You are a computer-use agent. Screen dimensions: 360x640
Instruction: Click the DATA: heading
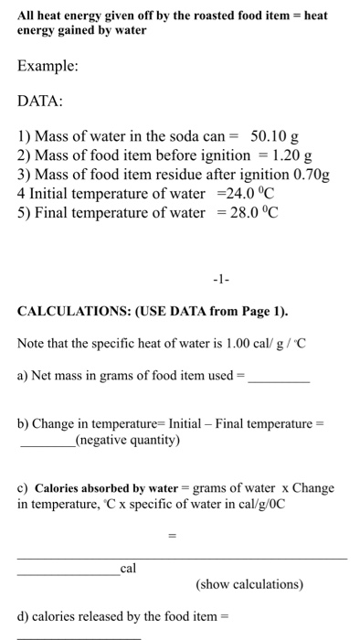pyautogui.click(x=43, y=104)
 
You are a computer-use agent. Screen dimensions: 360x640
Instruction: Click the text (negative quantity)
pyautogui.click(x=127, y=441)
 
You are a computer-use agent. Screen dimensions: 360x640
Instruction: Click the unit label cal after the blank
pyautogui.click(x=128, y=569)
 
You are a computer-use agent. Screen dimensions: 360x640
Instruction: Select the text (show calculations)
pyautogui.click(x=249, y=584)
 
